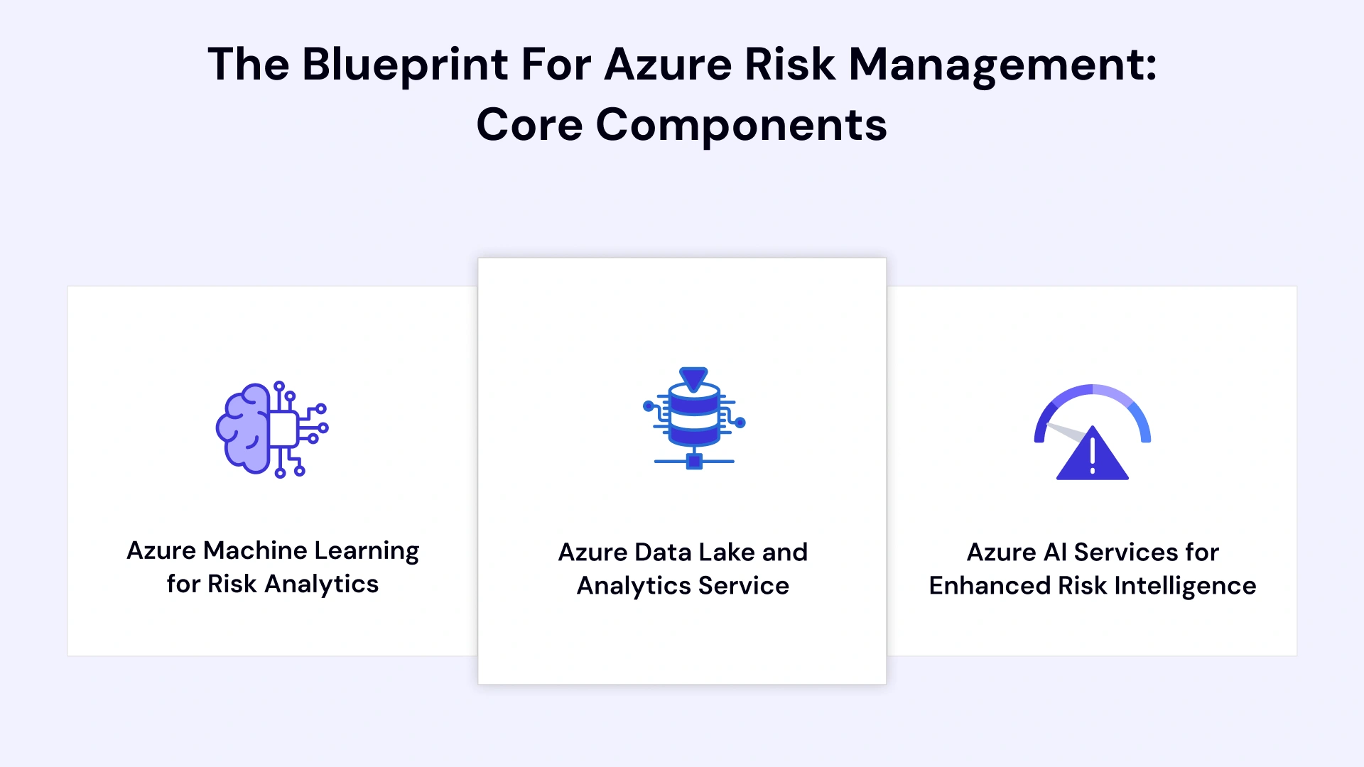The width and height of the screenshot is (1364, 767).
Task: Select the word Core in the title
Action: (529, 125)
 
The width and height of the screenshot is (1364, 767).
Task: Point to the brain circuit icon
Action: (271, 429)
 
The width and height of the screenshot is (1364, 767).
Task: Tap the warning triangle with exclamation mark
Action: (1092, 455)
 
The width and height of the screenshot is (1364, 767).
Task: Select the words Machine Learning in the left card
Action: (311, 551)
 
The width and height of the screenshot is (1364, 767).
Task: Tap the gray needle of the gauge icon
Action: (1066, 432)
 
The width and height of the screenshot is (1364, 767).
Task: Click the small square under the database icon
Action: (694, 462)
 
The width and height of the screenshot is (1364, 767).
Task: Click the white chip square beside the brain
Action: (283, 429)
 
